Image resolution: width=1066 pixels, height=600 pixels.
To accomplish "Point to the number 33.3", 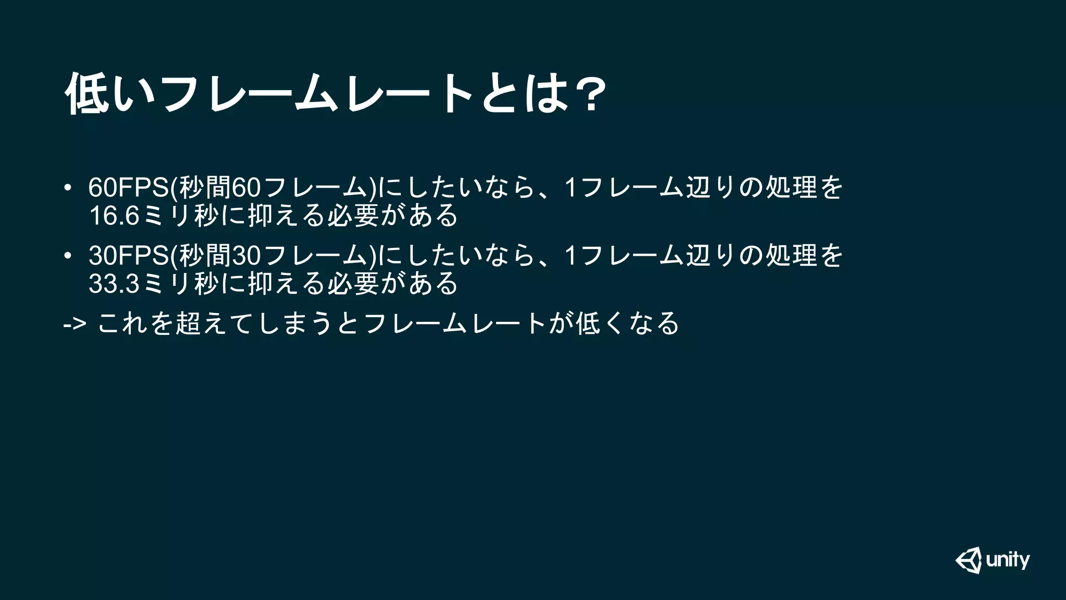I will (114, 284).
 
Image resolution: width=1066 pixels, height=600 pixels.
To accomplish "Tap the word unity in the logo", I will (1008, 560).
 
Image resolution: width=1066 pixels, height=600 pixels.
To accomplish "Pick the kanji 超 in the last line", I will (188, 323).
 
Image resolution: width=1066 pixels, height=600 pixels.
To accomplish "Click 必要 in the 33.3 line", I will (353, 284).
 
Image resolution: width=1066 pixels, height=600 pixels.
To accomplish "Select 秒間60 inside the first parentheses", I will (219, 188).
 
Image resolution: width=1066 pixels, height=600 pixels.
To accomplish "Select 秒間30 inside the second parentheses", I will (219, 256).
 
